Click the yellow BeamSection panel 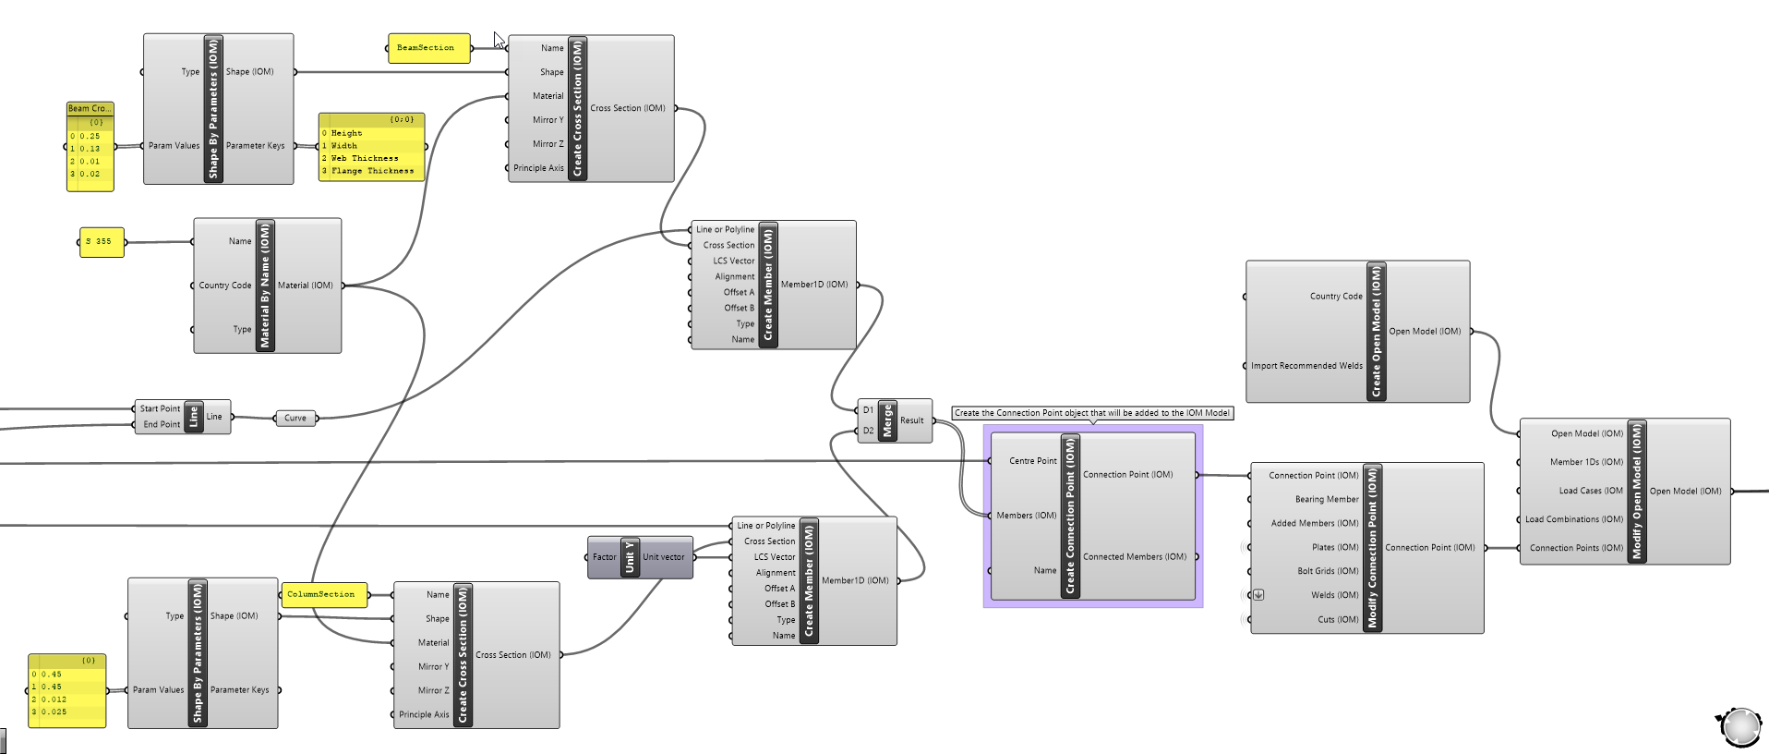(426, 48)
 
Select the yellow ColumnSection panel (321, 594)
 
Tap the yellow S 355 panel (100, 242)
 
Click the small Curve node (295, 419)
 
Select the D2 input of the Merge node (868, 431)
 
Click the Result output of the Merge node (912, 420)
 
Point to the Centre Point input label (1032, 461)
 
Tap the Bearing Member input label (1326, 499)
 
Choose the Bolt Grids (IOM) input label (1328, 571)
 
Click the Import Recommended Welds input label (1306, 366)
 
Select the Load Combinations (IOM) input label (1573, 519)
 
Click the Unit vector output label (664, 557)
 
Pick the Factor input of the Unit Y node (604, 557)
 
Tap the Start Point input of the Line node (160, 408)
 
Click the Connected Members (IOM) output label (1134, 557)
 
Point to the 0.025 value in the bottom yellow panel (54, 712)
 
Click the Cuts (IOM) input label (1338, 619)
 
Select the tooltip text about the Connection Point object (1091, 413)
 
